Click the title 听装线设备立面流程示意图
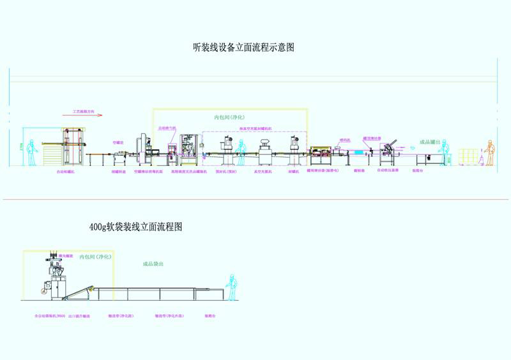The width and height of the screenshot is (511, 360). click(243, 47)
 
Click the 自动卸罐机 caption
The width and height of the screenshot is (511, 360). click(65, 172)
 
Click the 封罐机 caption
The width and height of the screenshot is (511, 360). click(294, 172)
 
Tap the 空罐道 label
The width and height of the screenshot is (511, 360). click(118, 142)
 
